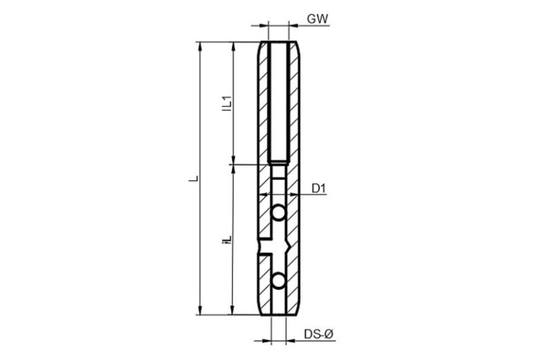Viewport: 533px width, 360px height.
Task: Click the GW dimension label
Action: [x=318, y=19]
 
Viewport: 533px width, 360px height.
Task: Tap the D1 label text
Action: [x=319, y=188]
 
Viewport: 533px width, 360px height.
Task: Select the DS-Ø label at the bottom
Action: [x=319, y=334]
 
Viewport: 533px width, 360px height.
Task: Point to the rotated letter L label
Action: [x=193, y=179]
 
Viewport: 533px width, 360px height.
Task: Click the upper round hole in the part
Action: [x=278, y=213]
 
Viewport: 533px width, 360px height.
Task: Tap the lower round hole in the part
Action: [x=278, y=280]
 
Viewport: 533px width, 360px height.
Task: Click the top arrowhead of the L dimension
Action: [x=200, y=46]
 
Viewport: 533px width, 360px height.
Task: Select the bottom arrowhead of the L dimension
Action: [x=200, y=310]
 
